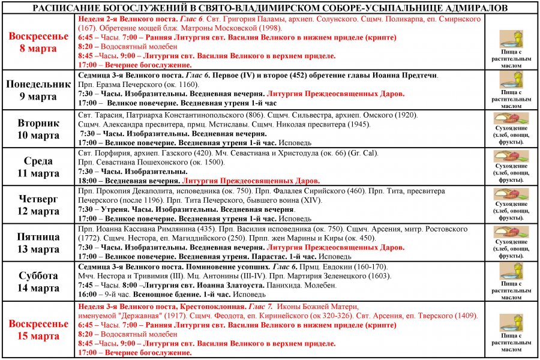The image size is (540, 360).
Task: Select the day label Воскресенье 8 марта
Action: [38, 42]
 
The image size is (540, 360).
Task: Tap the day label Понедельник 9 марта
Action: [38, 90]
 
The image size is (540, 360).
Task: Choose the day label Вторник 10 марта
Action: [38, 129]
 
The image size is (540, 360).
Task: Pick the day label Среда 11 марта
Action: [38, 167]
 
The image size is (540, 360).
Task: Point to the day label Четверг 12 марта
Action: [38, 205]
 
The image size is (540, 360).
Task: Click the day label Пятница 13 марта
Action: [38, 243]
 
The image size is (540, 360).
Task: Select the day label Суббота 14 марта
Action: [38, 282]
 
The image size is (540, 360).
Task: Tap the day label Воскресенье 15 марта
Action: [38, 330]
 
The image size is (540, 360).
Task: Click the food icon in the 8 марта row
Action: [512, 39]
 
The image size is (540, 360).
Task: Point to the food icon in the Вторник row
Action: [512, 118]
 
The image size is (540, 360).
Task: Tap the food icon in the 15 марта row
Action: [512, 323]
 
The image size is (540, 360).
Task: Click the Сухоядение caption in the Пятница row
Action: [512, 242]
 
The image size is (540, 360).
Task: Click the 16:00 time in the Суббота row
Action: [88, 295]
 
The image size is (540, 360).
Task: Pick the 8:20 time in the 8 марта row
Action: [86, 46]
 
